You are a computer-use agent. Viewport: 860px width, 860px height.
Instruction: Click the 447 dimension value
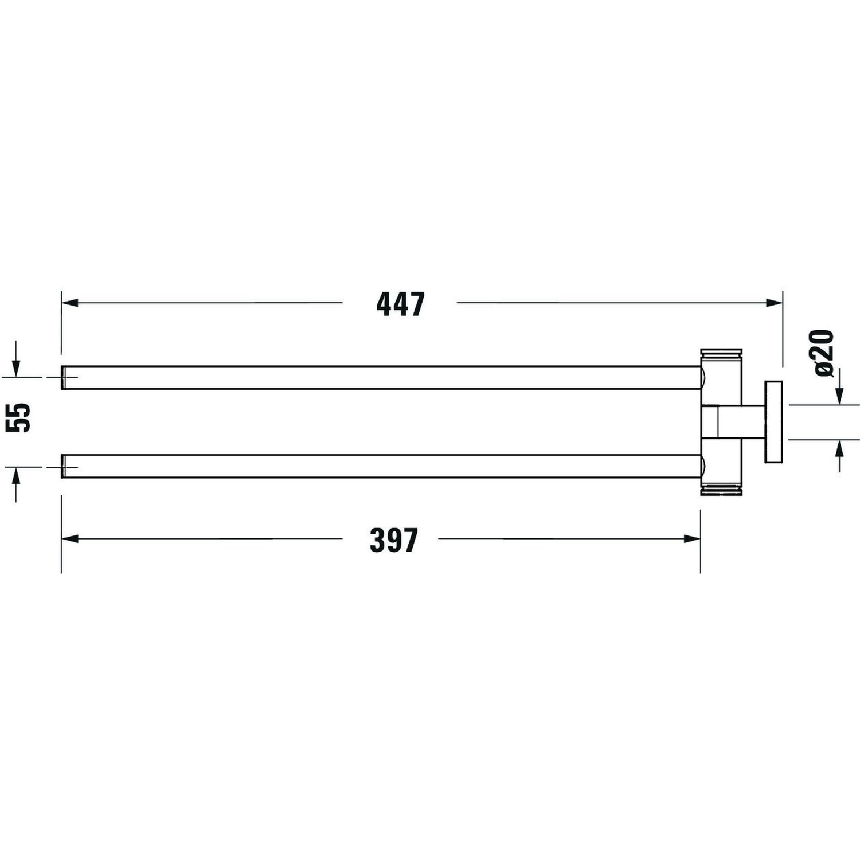click(400, 304)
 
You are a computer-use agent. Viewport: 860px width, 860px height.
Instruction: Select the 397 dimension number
click(394, 540)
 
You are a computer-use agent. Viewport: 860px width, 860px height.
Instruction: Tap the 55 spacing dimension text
click(18, 417)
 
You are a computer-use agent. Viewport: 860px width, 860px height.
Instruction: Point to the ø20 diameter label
click(823, 353)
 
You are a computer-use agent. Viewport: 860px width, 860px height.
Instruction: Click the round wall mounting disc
click(773, 421)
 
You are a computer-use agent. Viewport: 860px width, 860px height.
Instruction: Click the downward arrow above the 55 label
click(16, 369)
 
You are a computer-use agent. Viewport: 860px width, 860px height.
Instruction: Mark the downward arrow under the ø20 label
click(839, 396)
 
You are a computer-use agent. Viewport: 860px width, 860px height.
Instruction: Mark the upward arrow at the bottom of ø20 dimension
click(839, 448)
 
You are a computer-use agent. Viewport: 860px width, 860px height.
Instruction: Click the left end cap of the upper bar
click(64, 377)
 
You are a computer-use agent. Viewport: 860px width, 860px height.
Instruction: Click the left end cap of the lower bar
click(64, 466)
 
